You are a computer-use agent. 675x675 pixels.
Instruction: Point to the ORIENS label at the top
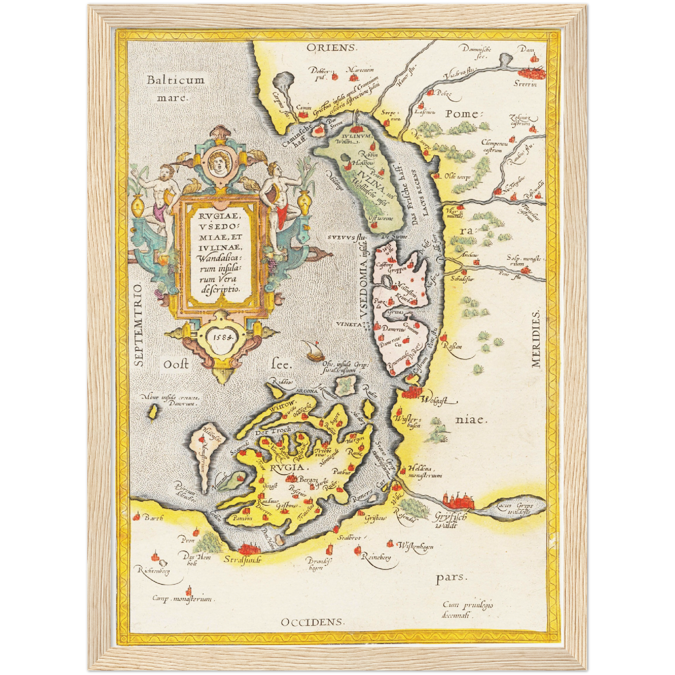pyautogui.click(x=332, y=48)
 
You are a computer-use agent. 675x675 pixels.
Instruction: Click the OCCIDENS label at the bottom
pyautogui.click(x=313, y=622)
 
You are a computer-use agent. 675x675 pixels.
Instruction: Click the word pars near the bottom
pyautogui.click(x=451, y=578)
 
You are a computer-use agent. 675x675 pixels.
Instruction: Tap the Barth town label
pyautogui.click(x=153, y=518)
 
